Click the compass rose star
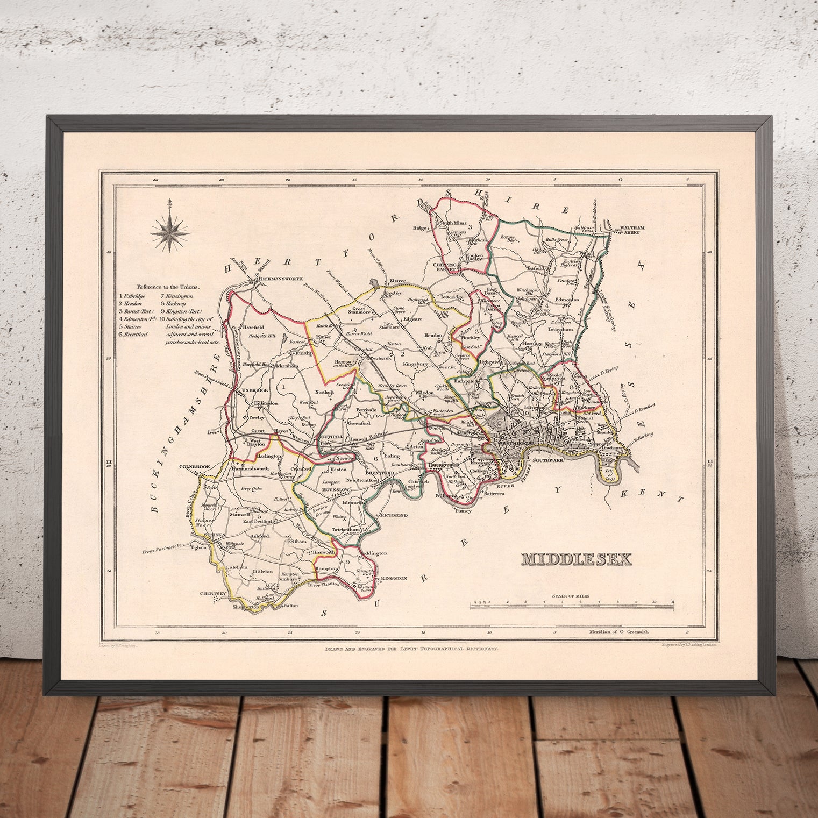tap(169, 231)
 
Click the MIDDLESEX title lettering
tap(575, 559)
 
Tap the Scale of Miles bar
tap(572, 607)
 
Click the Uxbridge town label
tap(255, 388)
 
